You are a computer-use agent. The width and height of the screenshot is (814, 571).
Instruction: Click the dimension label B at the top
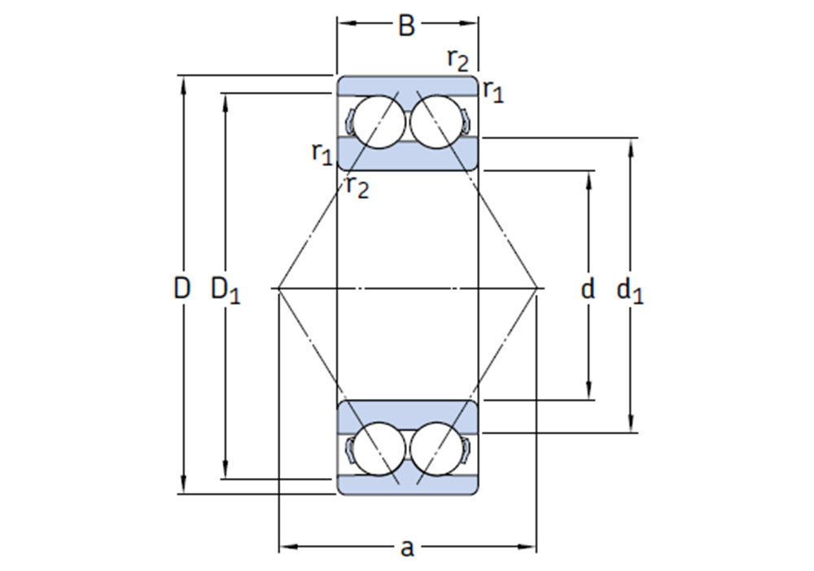click(406, 25)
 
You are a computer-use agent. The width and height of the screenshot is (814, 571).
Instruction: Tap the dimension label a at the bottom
click(408, 548)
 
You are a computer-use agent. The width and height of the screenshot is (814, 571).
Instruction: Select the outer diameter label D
click(182, 288)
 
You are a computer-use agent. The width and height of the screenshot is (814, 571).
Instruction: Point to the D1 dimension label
click(225, 290)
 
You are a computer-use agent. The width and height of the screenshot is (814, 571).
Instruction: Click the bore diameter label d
click(587, 288)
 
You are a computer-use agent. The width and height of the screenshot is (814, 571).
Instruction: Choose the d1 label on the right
click(630, 290)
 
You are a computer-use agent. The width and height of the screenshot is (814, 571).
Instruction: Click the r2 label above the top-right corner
click(457, 60)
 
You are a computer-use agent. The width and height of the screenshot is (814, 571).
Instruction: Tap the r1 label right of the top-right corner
click(493, 91)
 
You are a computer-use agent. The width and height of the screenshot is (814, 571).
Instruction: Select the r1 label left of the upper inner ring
click(322, 154)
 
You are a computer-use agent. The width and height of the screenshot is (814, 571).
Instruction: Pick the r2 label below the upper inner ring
click(357, 187)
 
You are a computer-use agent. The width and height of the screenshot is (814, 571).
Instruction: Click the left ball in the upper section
click(379, 121)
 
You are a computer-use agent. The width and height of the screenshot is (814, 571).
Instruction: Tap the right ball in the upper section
click(436, 121)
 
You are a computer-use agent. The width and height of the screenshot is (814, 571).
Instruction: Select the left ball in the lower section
click(379, 449)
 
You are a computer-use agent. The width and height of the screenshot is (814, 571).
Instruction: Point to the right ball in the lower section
click(436, 449)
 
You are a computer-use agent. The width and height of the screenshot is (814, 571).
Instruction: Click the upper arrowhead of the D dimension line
click(182, 86)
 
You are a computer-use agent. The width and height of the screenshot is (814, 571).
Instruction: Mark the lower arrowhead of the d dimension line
click(589, 389)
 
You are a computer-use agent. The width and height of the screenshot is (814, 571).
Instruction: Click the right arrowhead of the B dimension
click(468, 23)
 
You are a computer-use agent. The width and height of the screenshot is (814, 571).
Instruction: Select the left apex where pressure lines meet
click(278, 288)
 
